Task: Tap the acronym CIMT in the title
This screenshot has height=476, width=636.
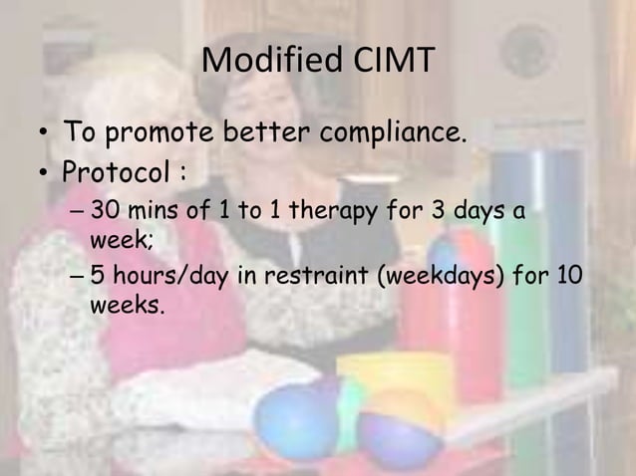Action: [391, 61]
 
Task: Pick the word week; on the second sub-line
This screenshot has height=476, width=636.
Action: [117, 239]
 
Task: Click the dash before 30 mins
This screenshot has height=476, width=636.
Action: [79, 212]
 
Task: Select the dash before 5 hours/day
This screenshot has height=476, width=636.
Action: [79, 278]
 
